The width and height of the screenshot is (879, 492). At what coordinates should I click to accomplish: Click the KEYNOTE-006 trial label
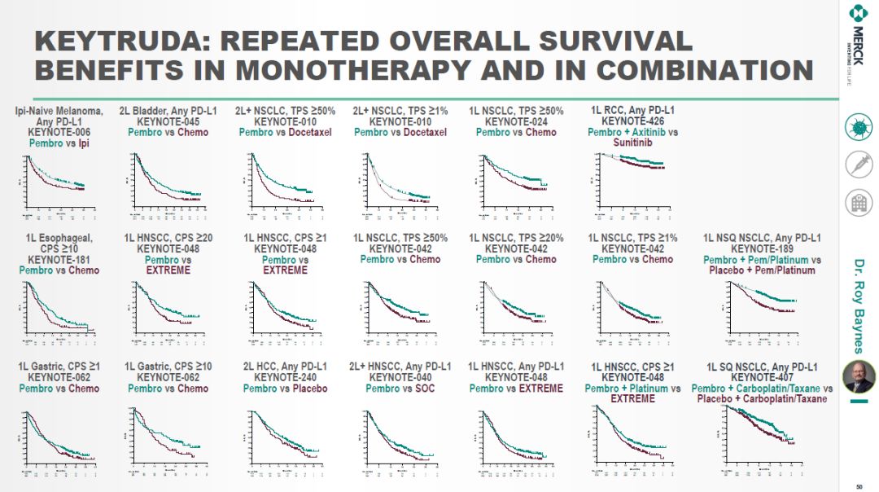pos(59,133)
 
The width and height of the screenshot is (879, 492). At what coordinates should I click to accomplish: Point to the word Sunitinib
pos(632,143)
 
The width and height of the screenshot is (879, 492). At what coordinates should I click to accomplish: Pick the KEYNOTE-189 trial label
pos(762,249)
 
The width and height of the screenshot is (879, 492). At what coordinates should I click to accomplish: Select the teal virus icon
pos(857,128)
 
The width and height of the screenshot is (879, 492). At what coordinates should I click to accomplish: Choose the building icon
pos(857,201)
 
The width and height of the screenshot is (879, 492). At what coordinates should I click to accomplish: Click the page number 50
pos(858,487)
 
